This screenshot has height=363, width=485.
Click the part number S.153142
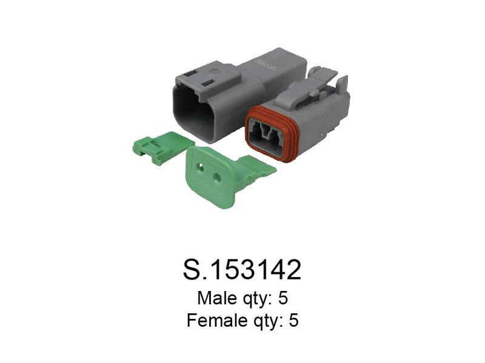242,270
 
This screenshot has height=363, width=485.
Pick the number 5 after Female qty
294,320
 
